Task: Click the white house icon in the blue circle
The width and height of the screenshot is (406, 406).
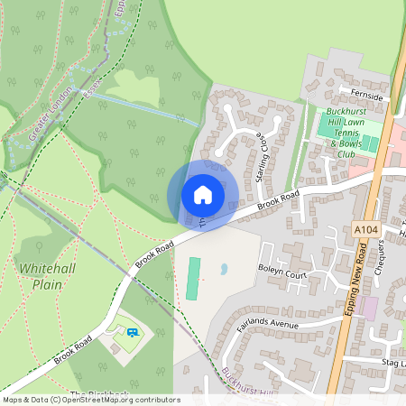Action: [x=202, y=194]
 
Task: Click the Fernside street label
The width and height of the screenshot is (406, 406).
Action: [x=368, y=95]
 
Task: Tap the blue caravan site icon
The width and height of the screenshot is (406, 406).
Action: [x=133, y=332]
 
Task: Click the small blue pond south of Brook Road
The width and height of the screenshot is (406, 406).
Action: [x=223, y=269]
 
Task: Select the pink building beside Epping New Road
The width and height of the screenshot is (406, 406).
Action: [x=367, y=309]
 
